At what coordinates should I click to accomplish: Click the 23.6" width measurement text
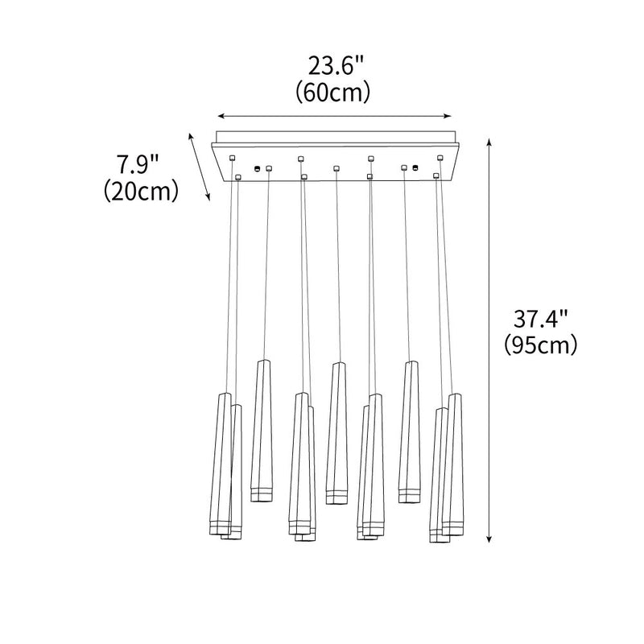[x=336, y=66]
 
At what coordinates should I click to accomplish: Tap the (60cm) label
[x=333, y=93]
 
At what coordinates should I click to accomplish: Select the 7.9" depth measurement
[x=138, y=164]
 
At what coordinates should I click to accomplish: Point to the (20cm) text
[x=141, y=192]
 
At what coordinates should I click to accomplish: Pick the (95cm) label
[x=541, y=345]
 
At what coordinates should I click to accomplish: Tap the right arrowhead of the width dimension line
[x=448, y=116]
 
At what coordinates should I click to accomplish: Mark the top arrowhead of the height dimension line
[x=489, y=142]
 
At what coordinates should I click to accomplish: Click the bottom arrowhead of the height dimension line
[x=489, y=539]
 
